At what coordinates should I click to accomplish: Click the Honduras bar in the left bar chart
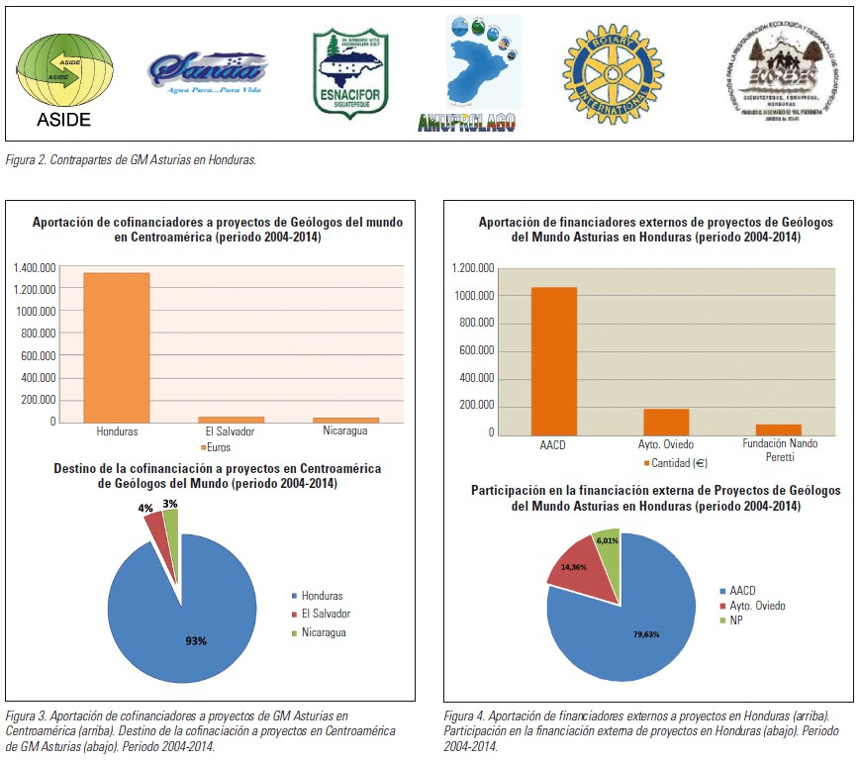pyautogui.click(x=116, y=346)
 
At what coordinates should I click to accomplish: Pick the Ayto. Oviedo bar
pyautogui.click(x=666, y=421)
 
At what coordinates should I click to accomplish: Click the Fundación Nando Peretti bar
pyautogui.click(x=779, y=429)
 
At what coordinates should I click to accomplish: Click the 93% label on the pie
pyautogui.click(x=196, y=640)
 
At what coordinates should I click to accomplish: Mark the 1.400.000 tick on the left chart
pyautogui.click(x=35, y=267)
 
